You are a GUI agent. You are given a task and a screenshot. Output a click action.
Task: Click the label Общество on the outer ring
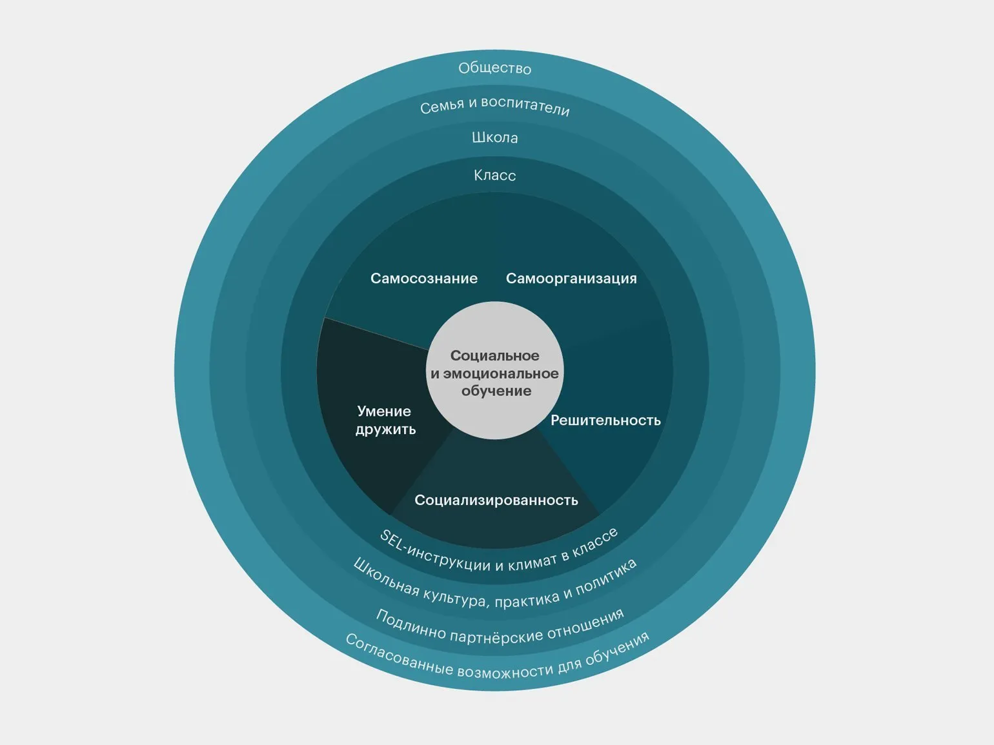point(494,68)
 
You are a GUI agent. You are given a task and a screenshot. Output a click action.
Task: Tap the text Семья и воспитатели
point(495,106)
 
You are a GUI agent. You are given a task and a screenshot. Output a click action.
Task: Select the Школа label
point(494,137)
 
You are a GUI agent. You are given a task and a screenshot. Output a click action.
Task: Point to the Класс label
point(494,175)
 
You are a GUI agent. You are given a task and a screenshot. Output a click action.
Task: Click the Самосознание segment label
point(423,279)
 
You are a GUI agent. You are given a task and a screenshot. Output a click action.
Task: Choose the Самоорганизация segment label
point(571,279)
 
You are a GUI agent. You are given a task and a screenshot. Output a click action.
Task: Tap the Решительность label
point(605,421)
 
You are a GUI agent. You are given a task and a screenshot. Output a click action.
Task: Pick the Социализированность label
point(496,501)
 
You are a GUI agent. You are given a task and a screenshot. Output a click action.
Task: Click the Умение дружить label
point(385,421)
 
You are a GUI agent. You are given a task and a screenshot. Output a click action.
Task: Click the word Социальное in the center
point(494,356)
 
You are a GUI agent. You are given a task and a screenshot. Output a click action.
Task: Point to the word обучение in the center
point(496,391)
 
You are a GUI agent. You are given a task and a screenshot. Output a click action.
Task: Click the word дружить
point(385,430)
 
